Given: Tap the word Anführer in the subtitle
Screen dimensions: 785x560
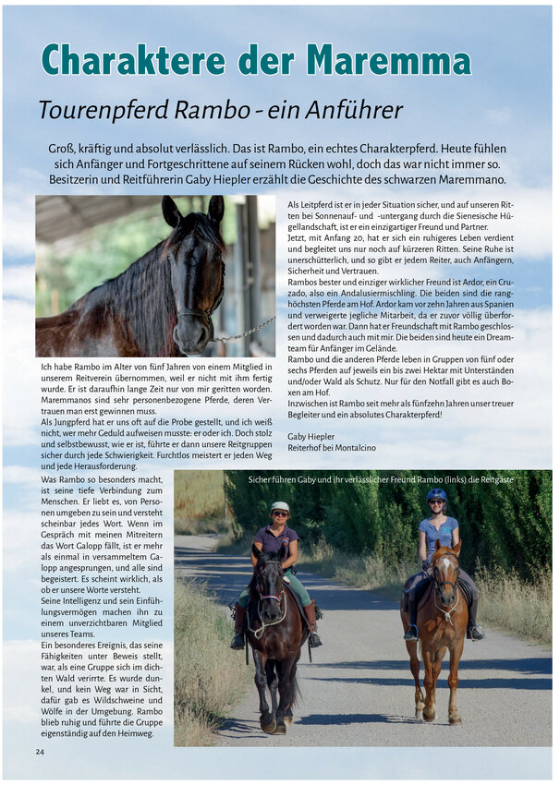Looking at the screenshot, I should (x=349, y=110).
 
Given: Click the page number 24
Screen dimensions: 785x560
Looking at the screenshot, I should (x=41, y=752).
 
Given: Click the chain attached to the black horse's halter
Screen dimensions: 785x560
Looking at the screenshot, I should (x=247, y=330).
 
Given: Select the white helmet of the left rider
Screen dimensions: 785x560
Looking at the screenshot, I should (x=280, y=507).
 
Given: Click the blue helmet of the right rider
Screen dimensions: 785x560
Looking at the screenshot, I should (x=436, y=495).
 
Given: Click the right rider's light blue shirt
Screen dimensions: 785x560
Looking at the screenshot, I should (x=437, y=533).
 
